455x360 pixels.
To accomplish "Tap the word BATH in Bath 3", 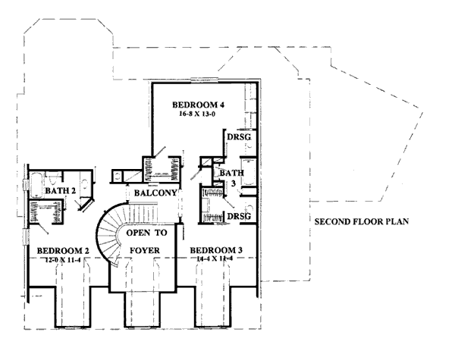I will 231,174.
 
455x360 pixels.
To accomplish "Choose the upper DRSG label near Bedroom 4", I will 238,137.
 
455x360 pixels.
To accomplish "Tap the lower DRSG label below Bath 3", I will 238,216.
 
